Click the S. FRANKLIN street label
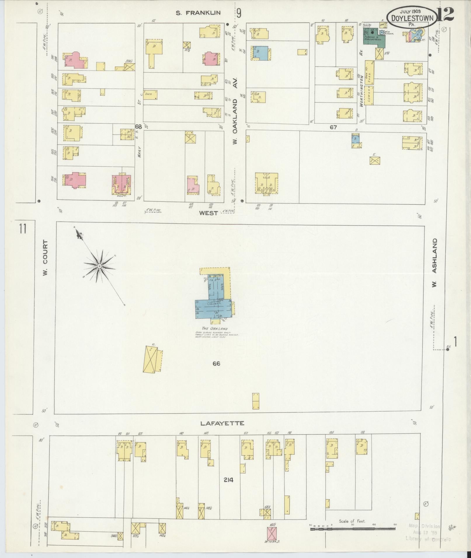pos(198,13)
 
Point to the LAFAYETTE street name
pos(222,423)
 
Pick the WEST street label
pos(208,213)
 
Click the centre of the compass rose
pos(99,266)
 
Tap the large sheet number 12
pos(446,14)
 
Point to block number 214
pos(229,480)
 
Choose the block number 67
pos(333,127)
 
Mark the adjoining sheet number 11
pos(23,228)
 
